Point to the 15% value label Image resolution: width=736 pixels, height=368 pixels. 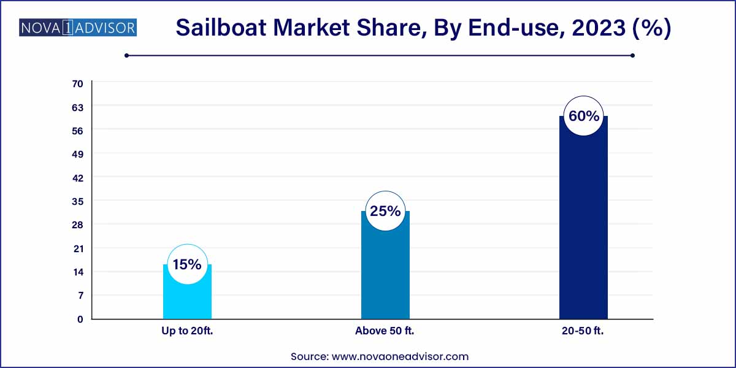coord(187,264)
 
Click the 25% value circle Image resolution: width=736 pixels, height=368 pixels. coord(385,212)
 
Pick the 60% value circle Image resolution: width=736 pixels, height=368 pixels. coord(583,116)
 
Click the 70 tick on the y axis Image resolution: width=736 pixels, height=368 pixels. coord(78,83)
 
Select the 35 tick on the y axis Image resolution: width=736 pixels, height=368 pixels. coord(78,201)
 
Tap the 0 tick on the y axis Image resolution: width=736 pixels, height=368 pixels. coord(80,319)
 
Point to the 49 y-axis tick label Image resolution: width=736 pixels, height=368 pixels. coord(78,154)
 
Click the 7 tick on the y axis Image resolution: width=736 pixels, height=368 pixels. coord(80,296)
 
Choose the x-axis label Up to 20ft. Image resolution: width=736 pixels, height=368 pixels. coord(187,331)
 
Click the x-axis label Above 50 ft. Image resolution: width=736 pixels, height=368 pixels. coord(385,331)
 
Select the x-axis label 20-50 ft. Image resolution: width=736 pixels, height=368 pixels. coord(583,331)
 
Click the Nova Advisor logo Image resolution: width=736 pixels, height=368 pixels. coord(78,28)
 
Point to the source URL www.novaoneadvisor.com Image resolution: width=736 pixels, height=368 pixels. coord(399,356)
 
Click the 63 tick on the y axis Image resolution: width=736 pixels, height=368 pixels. coord(78,107)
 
